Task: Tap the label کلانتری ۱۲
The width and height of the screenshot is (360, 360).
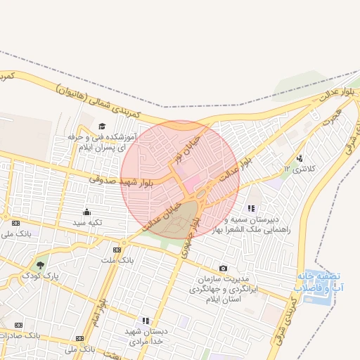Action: [x=295, y=169]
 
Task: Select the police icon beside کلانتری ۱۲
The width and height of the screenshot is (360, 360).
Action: [x=300, y=158]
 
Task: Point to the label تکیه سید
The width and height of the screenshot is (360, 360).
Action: [x=89, y=222]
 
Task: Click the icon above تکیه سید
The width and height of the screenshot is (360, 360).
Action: [x=87, y=212]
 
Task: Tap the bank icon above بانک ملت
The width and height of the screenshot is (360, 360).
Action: [x=117, y=250]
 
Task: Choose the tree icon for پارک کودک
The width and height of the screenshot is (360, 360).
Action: [x=39, y=266]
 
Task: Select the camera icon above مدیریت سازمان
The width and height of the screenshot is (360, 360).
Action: [x=223, y=268]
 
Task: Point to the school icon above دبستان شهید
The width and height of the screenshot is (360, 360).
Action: [x=146, y=321]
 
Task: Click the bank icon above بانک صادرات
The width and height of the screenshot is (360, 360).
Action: [x=18, y=325]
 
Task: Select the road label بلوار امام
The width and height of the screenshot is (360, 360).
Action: [x=103, y=309]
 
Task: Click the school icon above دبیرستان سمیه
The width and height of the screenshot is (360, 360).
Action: [x=251, y=208]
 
